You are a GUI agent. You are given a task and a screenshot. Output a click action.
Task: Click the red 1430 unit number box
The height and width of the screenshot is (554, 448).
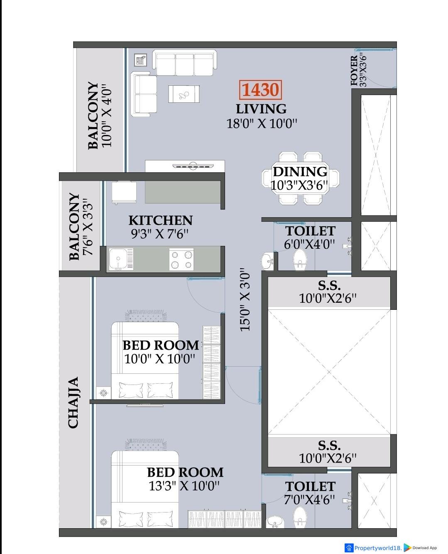(x=260, y=90)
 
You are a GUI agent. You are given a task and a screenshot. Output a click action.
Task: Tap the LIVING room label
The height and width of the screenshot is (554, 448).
(x=261, y=109)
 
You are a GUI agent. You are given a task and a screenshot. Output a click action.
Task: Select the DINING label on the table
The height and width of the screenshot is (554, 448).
(x=300, y=172)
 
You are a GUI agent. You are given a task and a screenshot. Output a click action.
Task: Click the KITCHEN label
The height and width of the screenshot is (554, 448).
(x=160, y=220)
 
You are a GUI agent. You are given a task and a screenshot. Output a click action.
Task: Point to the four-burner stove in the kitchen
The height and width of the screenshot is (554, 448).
(x=181, y=259)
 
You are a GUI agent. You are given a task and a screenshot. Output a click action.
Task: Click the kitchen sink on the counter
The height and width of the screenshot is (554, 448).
(x=121, y=259)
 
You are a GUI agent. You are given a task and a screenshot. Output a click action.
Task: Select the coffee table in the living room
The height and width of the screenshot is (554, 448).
(x=184, y=94)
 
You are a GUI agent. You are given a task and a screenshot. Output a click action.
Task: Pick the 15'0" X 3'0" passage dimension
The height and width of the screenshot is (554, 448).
(x=245, y=299)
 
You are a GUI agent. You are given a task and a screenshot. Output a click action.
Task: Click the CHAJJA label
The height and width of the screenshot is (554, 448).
(x=73, y=402)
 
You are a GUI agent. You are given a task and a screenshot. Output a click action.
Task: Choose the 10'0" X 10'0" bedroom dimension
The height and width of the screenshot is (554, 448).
(x=159, y=359)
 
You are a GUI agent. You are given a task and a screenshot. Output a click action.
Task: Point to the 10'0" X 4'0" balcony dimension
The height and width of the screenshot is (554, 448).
(x=107, y=115)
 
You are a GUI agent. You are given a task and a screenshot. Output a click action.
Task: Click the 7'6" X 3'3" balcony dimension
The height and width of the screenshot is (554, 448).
(x=87, y=226)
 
